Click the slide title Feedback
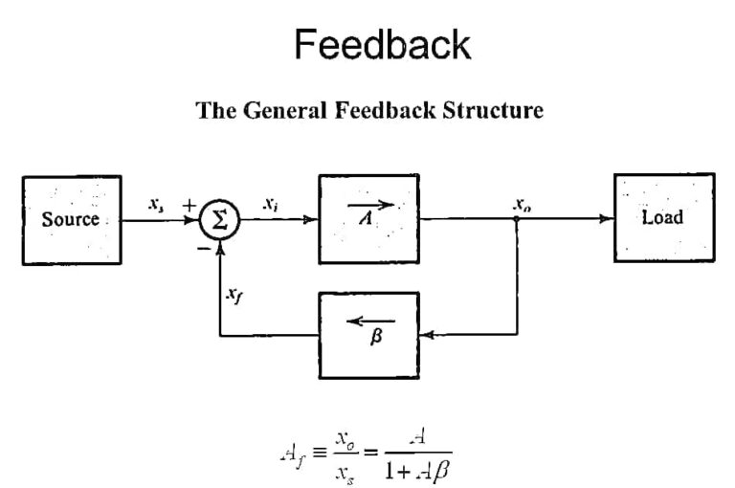[x=382, y=44]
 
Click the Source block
[x=71, y=219]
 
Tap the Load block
[x=663, y=217]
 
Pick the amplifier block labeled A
[x=368, y=218]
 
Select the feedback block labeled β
[x=368, y=335]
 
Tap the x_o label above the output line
[x=522, y=203]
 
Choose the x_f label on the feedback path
[x=234, y=296]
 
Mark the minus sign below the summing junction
[x=203, y=248]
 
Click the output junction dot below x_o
[x=517, y=219]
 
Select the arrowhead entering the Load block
[x=607, y=219]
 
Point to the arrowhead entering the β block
[x=427, y=335]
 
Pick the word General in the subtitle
[x=282, y=110]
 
